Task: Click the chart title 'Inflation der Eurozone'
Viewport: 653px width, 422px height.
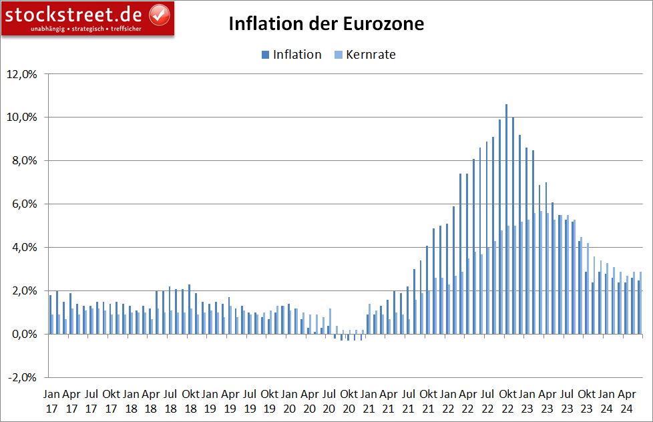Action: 326,24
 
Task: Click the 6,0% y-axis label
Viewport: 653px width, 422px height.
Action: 23,204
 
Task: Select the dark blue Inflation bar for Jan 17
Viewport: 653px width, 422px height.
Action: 50,314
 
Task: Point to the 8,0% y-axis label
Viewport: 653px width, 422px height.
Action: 23,161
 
